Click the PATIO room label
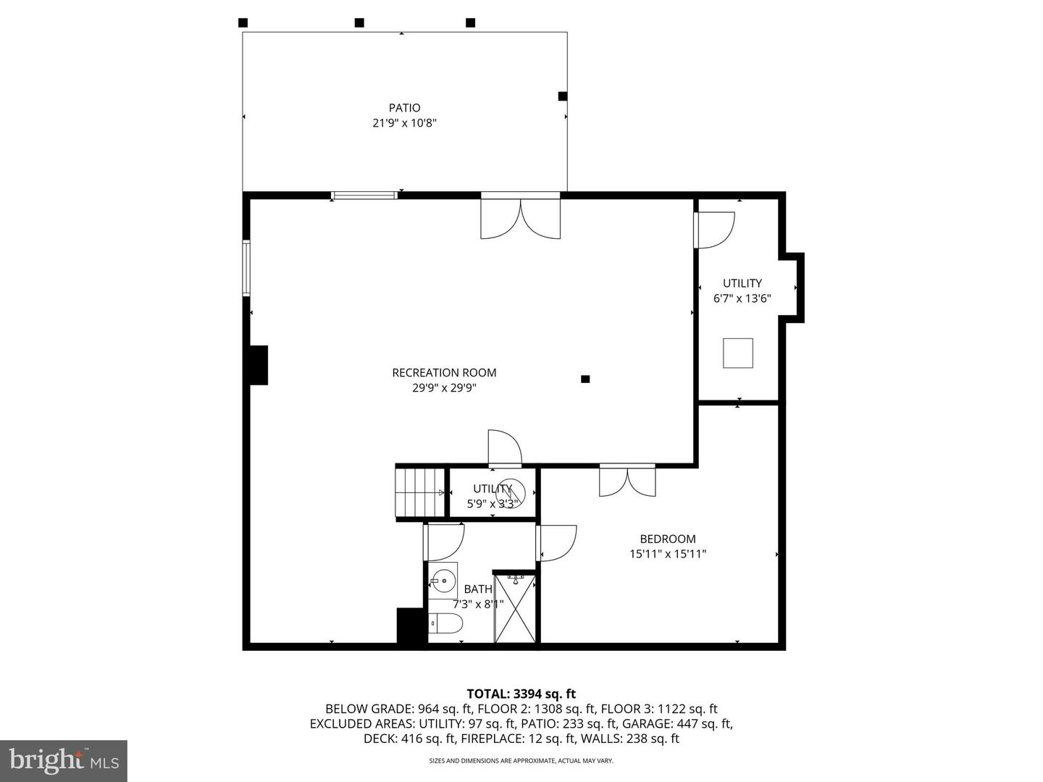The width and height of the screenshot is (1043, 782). [x=404, y=108]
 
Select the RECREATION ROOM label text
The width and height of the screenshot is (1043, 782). [x=444, y=373]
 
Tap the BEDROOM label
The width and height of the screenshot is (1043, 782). [x=667, y=539]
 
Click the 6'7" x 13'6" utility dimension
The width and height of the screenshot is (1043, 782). [x=742, y=298]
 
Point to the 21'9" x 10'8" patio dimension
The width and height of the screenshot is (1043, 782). [x=404, y=123]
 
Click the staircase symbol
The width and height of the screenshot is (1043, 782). [x=419, y=492]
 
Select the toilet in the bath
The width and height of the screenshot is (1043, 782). [x=445, y=623]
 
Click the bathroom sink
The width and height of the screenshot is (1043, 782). [x=443, y=580]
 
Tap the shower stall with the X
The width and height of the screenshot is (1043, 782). [x=515, y=608]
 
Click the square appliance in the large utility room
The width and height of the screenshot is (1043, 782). [x=738, y=353]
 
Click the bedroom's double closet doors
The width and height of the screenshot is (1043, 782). [x=627, y=481]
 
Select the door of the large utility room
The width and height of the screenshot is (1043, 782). [x=715, y=229]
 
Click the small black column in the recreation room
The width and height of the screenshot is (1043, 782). [x=585, y=379]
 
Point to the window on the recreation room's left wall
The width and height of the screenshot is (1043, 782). [x=246, y=268]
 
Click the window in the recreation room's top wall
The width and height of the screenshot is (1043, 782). [x=364, y=195]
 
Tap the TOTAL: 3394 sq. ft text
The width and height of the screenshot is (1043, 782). [x=521, y=694]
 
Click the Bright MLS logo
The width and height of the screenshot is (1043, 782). [x=64, y=760]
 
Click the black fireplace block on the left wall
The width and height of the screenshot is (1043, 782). [x=258, y=365]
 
